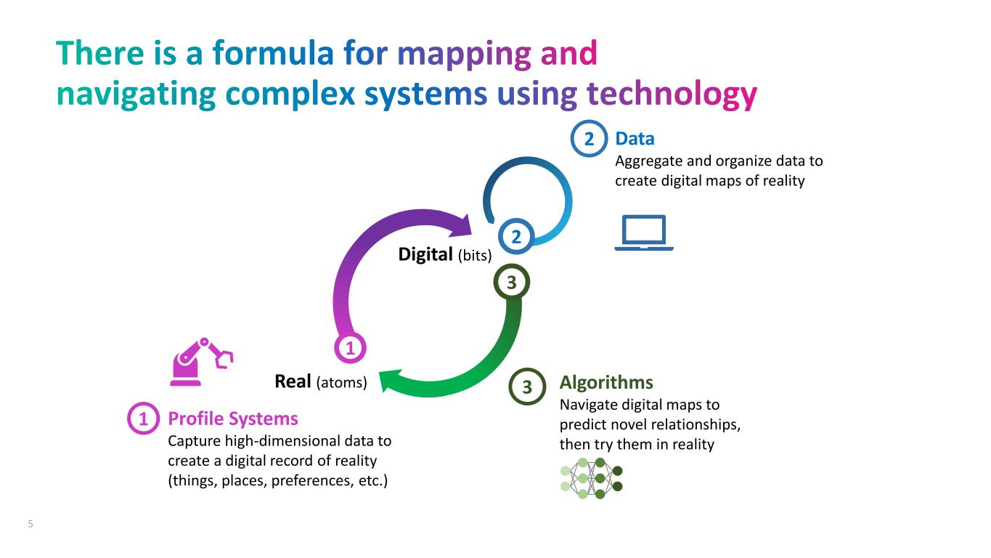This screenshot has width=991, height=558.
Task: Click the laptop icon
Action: coord(643,232)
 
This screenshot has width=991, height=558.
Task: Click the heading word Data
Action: coord(635,138)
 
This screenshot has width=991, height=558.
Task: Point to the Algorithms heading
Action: coord(606,382)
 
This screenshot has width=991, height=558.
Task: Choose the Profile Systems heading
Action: coord(233,418)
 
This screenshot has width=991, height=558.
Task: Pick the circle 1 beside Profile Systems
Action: coord(144,419)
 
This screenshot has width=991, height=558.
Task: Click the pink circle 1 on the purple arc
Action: coord(350,349)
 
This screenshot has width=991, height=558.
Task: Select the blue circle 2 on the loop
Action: coord(516,237)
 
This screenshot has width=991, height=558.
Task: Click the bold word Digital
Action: coord(425,254)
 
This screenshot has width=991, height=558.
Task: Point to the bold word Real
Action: coord(293,381)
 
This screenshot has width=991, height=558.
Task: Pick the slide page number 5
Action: coord(30,524)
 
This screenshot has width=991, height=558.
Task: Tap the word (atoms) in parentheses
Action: coord(341,381)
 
